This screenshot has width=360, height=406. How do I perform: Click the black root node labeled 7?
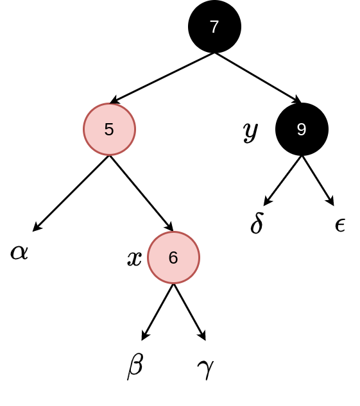click(214, 26)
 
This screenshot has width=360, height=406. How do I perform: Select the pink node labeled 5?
click(109, 129)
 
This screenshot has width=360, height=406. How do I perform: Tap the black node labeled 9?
click(302, 129)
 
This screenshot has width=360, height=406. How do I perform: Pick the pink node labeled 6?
click(173, 257)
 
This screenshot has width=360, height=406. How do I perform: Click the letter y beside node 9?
click(251, 131)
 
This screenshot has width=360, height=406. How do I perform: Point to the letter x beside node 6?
click(135, 258)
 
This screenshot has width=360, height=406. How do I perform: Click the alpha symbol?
click(19, 252)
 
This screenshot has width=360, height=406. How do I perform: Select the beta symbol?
click(135, 366)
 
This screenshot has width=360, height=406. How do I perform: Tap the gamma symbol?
click(205, 369)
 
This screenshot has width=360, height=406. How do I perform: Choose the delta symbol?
click(257, 223)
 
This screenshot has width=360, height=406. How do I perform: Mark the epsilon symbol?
click(340, 225)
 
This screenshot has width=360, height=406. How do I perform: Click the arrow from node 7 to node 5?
click(162, 78)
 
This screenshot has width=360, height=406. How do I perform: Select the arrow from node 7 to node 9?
click(258, 78)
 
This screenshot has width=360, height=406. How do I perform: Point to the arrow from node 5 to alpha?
click(71, 194)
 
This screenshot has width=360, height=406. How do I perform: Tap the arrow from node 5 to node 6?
click(141, 193)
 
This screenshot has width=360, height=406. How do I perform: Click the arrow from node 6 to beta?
click(157, 312)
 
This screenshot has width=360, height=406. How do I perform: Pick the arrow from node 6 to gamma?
click(189, 312)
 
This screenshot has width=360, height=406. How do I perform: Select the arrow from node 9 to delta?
click(282, 181)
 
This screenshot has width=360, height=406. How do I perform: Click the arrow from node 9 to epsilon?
click(318, 181)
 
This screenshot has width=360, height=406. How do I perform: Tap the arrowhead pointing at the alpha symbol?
click(37, 226)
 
